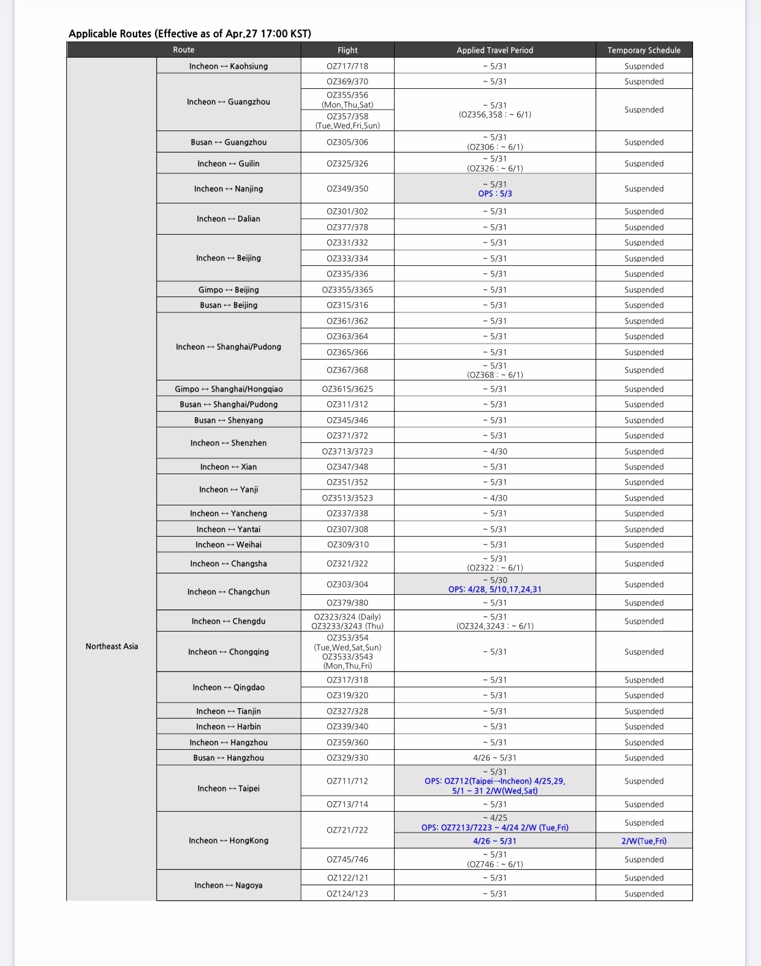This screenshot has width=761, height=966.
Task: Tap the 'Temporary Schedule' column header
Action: pyautogui.click(x=643, y=50)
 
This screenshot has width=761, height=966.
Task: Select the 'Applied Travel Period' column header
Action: pyautogui.click(x=494, y=50)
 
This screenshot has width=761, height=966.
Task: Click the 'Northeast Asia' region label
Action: pyautogui.click(x=112, y=646)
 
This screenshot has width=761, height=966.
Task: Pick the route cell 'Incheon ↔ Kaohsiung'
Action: pyautogui.click(x=228, y=66)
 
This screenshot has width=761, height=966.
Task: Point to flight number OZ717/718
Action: pyautogui.click(x=347, y=66)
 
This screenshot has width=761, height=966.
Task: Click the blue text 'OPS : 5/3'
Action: pyautogui.click(x=494, y=194)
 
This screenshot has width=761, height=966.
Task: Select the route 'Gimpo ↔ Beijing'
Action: pyautogui.click(x=228, y=290)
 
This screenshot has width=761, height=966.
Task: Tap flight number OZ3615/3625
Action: pyautogui.click(x=347, y=389)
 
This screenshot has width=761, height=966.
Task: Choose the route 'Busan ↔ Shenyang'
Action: pyautogui.click(x=228, y=420)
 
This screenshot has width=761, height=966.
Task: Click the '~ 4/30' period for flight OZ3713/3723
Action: pyautogui.click(x=494, y=451)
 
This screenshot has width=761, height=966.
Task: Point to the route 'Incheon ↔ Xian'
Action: pyautogui.click(x=228, y=467)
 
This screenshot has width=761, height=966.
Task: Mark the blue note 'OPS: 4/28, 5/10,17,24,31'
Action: pyautogui.click(x=494, y=589)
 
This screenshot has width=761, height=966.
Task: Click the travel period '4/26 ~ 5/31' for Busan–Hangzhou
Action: pyautogui.click(x=494, y=758)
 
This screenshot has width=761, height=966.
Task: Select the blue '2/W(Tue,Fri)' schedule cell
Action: pyautogui.click(x=643, y=841)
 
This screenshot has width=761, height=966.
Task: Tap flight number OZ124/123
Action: pyautogui.click(x=347, y=894)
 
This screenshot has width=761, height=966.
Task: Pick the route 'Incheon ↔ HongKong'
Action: pyautogui.click(x=228, y=840)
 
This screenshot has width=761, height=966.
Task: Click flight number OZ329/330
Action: pyautogui.click(x=347, y=758)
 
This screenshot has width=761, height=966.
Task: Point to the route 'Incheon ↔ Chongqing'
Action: pyautogui.click(x=228, y=652)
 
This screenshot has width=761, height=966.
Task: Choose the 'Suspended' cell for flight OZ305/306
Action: pyautogui.click(x=643, y=142)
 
